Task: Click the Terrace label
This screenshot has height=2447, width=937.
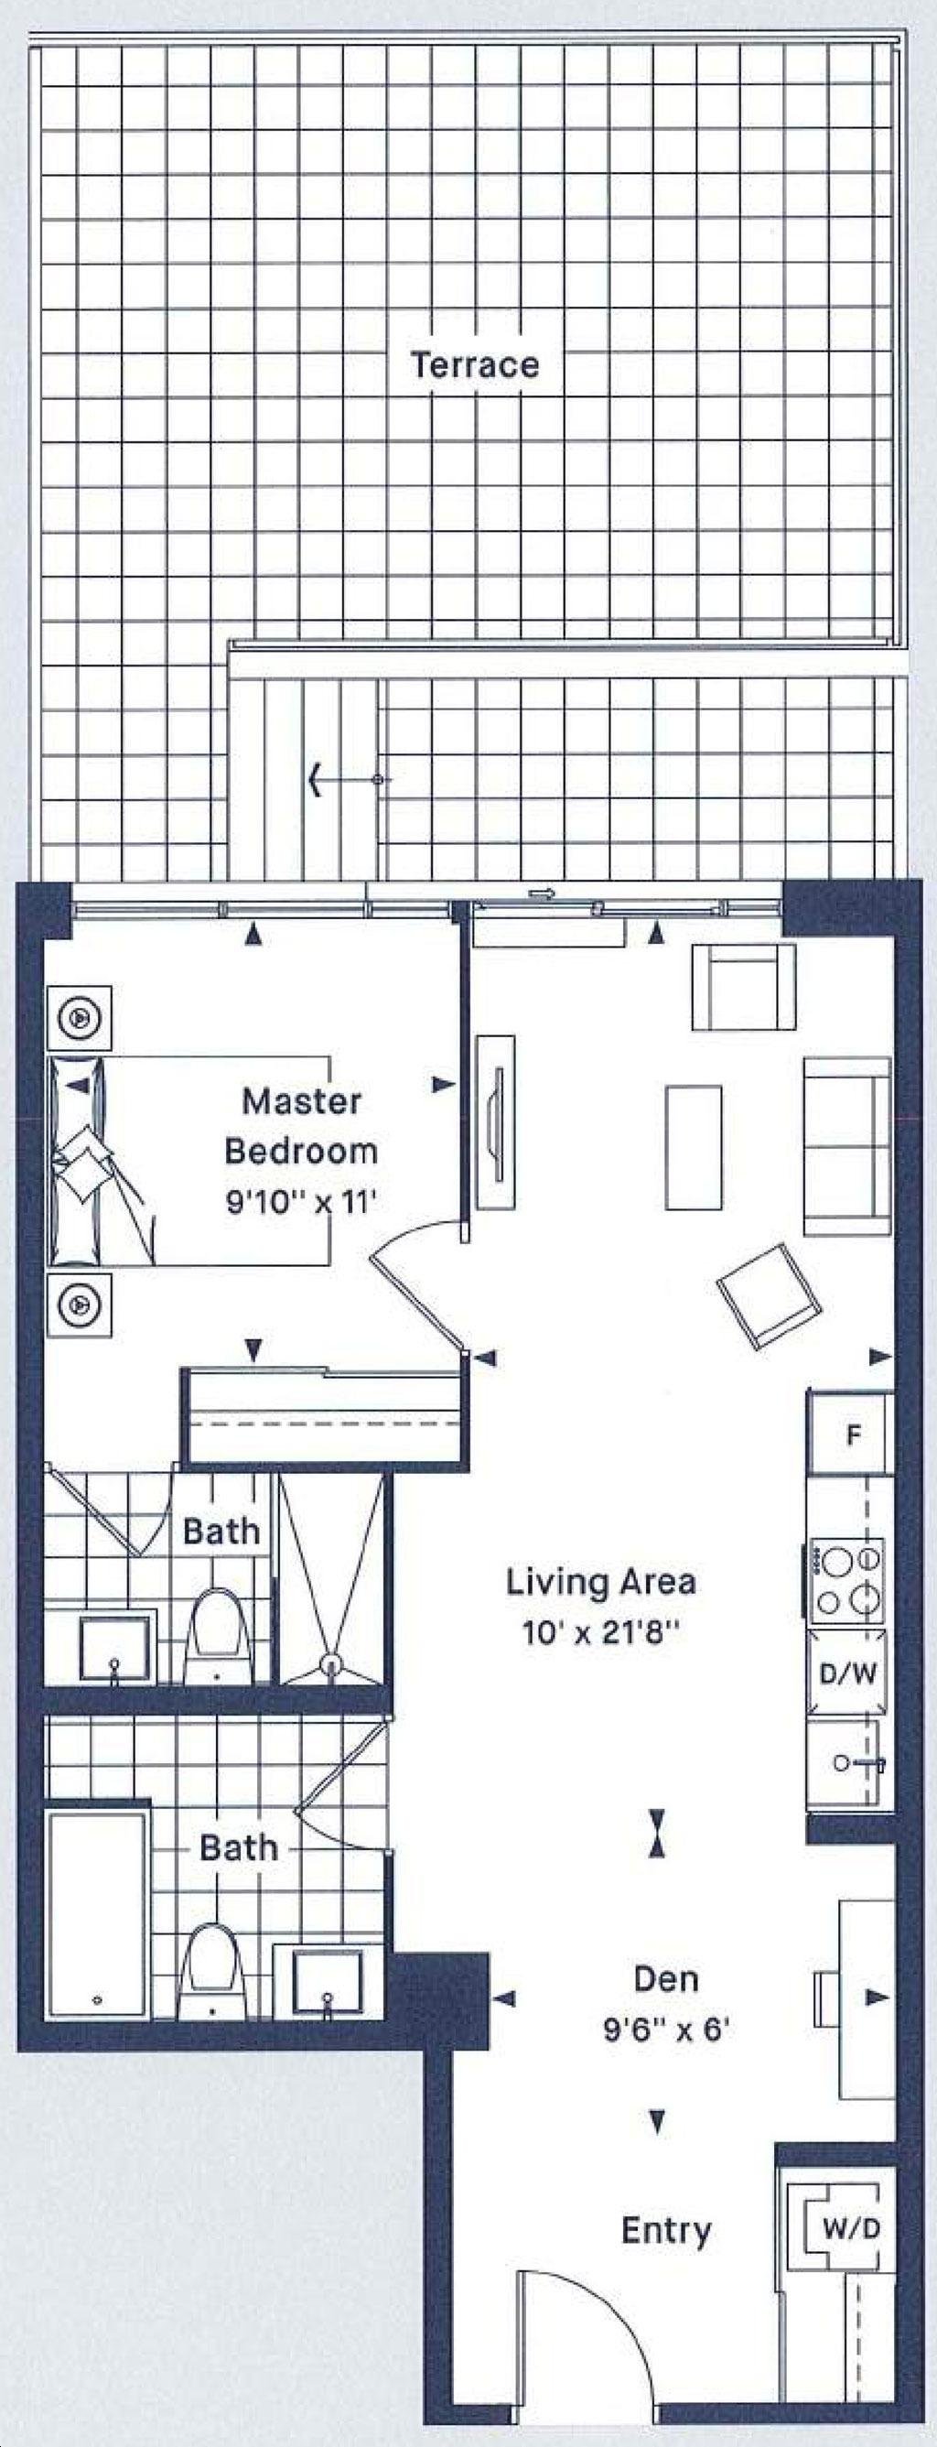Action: pos(475,364)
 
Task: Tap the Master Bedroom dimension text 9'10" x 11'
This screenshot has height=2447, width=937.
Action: pos(301,1203)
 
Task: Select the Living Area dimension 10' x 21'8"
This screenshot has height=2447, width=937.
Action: pos(601,1633)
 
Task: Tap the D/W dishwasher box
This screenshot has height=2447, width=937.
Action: pos(847,1673)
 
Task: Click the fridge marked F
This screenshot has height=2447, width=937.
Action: pos(851,1435)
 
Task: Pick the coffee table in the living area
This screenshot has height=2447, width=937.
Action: pos(693,1147)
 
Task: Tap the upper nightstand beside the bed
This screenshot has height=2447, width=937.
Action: pos(80,1017)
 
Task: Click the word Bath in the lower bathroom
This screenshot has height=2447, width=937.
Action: pos(238,1847)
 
